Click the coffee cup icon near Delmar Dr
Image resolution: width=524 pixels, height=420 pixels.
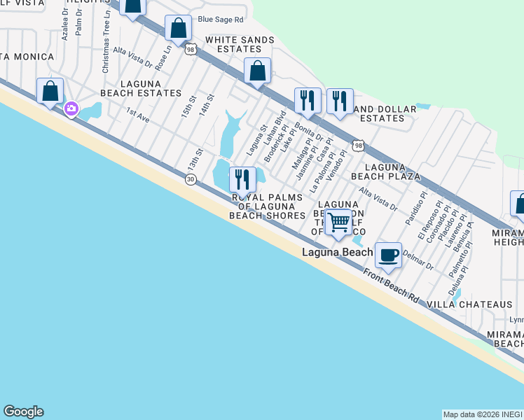(x=388, y=255)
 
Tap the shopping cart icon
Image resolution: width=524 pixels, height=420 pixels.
(x=339, y=223)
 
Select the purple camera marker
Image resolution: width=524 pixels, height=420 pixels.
(x=71, y=108)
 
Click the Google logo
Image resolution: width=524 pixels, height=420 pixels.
(x=23, y=412)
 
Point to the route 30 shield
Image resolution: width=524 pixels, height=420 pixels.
(x=190, y=180)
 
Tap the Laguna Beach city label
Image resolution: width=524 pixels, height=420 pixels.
(x=337, y=251)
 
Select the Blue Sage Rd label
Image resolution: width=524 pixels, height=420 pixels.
(x=220, y=20)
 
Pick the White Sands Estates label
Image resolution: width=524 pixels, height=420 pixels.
(x=233, y=45)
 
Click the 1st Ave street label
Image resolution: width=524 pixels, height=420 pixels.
(x=138, y=115)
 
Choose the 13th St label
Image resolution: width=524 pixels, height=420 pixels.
(x=195, y=159)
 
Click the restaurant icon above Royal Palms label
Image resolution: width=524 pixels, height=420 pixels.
(x=242, y=180)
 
